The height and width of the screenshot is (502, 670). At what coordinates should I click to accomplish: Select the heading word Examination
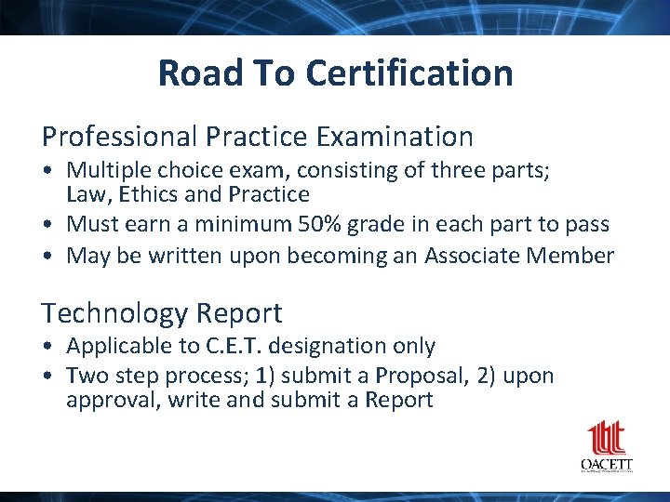(x=395, y=138)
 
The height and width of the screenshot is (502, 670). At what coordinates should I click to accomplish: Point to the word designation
(x=316, y=346)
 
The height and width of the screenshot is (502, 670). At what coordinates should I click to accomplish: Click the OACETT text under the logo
(x=607, y=464)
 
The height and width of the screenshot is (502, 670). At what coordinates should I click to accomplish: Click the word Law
(x=85, y=194)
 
